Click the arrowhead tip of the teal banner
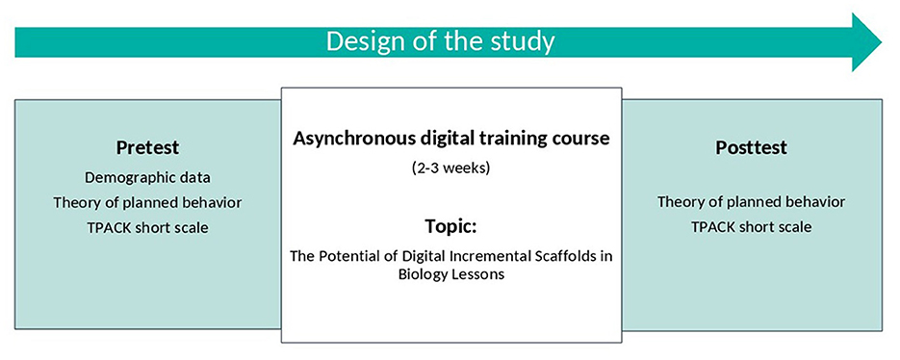pos(882,42)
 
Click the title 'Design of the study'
pos(441,42)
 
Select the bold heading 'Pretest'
pos(147,147)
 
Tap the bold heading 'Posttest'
pos(752,147)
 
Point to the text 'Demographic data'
pos(147,177)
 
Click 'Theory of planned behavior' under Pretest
pos(147,203)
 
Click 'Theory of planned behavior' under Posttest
pos(752,202)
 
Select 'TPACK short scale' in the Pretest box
pos(147,228)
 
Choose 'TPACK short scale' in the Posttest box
pos(752,227)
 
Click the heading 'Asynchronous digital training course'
pos(451,139)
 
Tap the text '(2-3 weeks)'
pos(451,169)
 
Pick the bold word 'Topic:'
pos(451,226)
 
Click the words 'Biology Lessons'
pos(451,274)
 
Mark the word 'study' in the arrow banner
pos(526,42)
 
